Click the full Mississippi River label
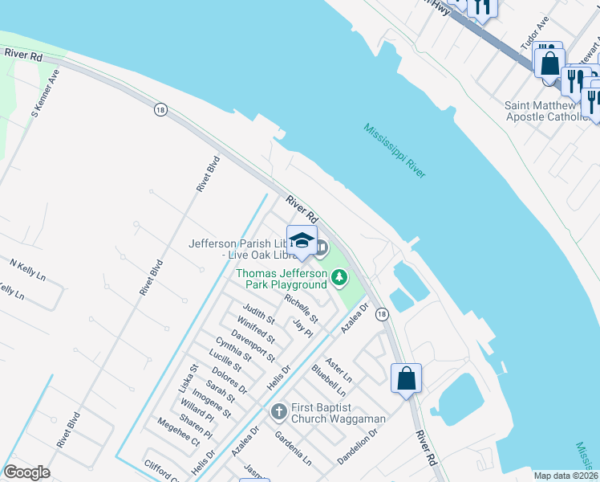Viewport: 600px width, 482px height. pos(394,151)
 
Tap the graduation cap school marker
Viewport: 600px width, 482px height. pos(302,240)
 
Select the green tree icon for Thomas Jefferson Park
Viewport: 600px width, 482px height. pos(339,278)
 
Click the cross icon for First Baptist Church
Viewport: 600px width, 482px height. pos(278,412)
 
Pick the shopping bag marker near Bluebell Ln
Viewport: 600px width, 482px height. pos(406,378)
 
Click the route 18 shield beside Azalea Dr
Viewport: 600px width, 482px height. pos(381,314)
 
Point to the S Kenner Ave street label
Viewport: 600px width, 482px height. pos(46,93)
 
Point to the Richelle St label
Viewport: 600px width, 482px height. pos(298,305)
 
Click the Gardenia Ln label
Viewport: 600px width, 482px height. pos(293,450)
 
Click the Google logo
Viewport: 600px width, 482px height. pos(26,472)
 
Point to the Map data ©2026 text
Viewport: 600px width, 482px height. pos(565,476)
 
